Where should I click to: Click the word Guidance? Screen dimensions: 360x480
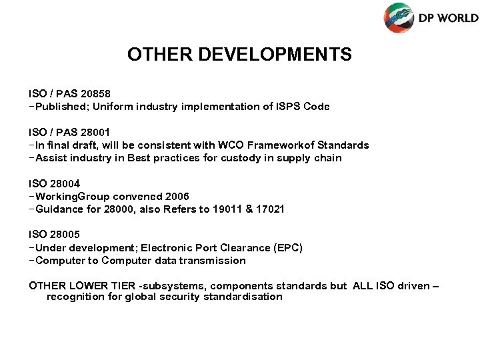[x=59, y=209]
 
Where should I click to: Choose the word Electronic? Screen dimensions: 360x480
[x=155, y=247]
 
